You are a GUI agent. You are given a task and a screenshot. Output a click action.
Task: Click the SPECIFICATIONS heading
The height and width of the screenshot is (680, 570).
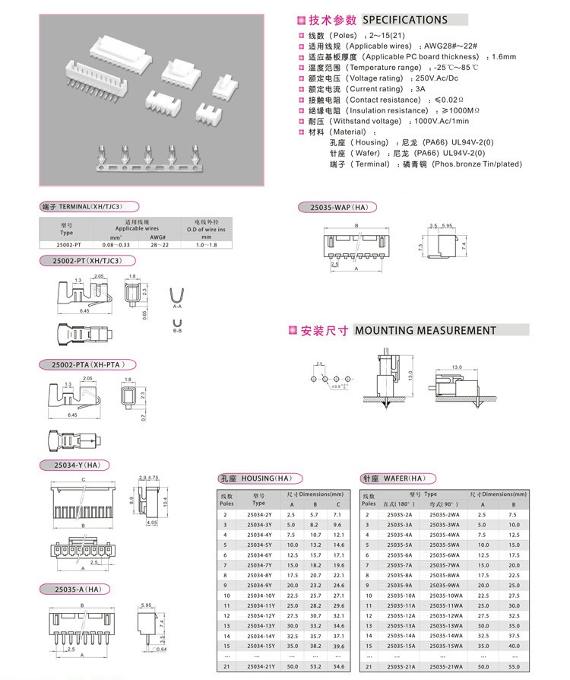coord(404,20)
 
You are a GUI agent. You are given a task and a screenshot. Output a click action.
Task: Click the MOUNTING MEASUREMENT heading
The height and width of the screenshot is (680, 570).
coord(424,330)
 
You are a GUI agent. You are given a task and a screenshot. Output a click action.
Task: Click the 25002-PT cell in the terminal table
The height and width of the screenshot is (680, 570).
coord(69,244)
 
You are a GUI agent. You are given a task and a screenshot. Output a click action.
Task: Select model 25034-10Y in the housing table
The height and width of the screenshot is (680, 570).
coord(260,595)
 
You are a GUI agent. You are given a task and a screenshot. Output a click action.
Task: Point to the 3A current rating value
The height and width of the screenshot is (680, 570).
coord(420,89)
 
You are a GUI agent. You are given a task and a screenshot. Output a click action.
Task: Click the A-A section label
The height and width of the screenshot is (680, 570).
coord(177,307)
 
